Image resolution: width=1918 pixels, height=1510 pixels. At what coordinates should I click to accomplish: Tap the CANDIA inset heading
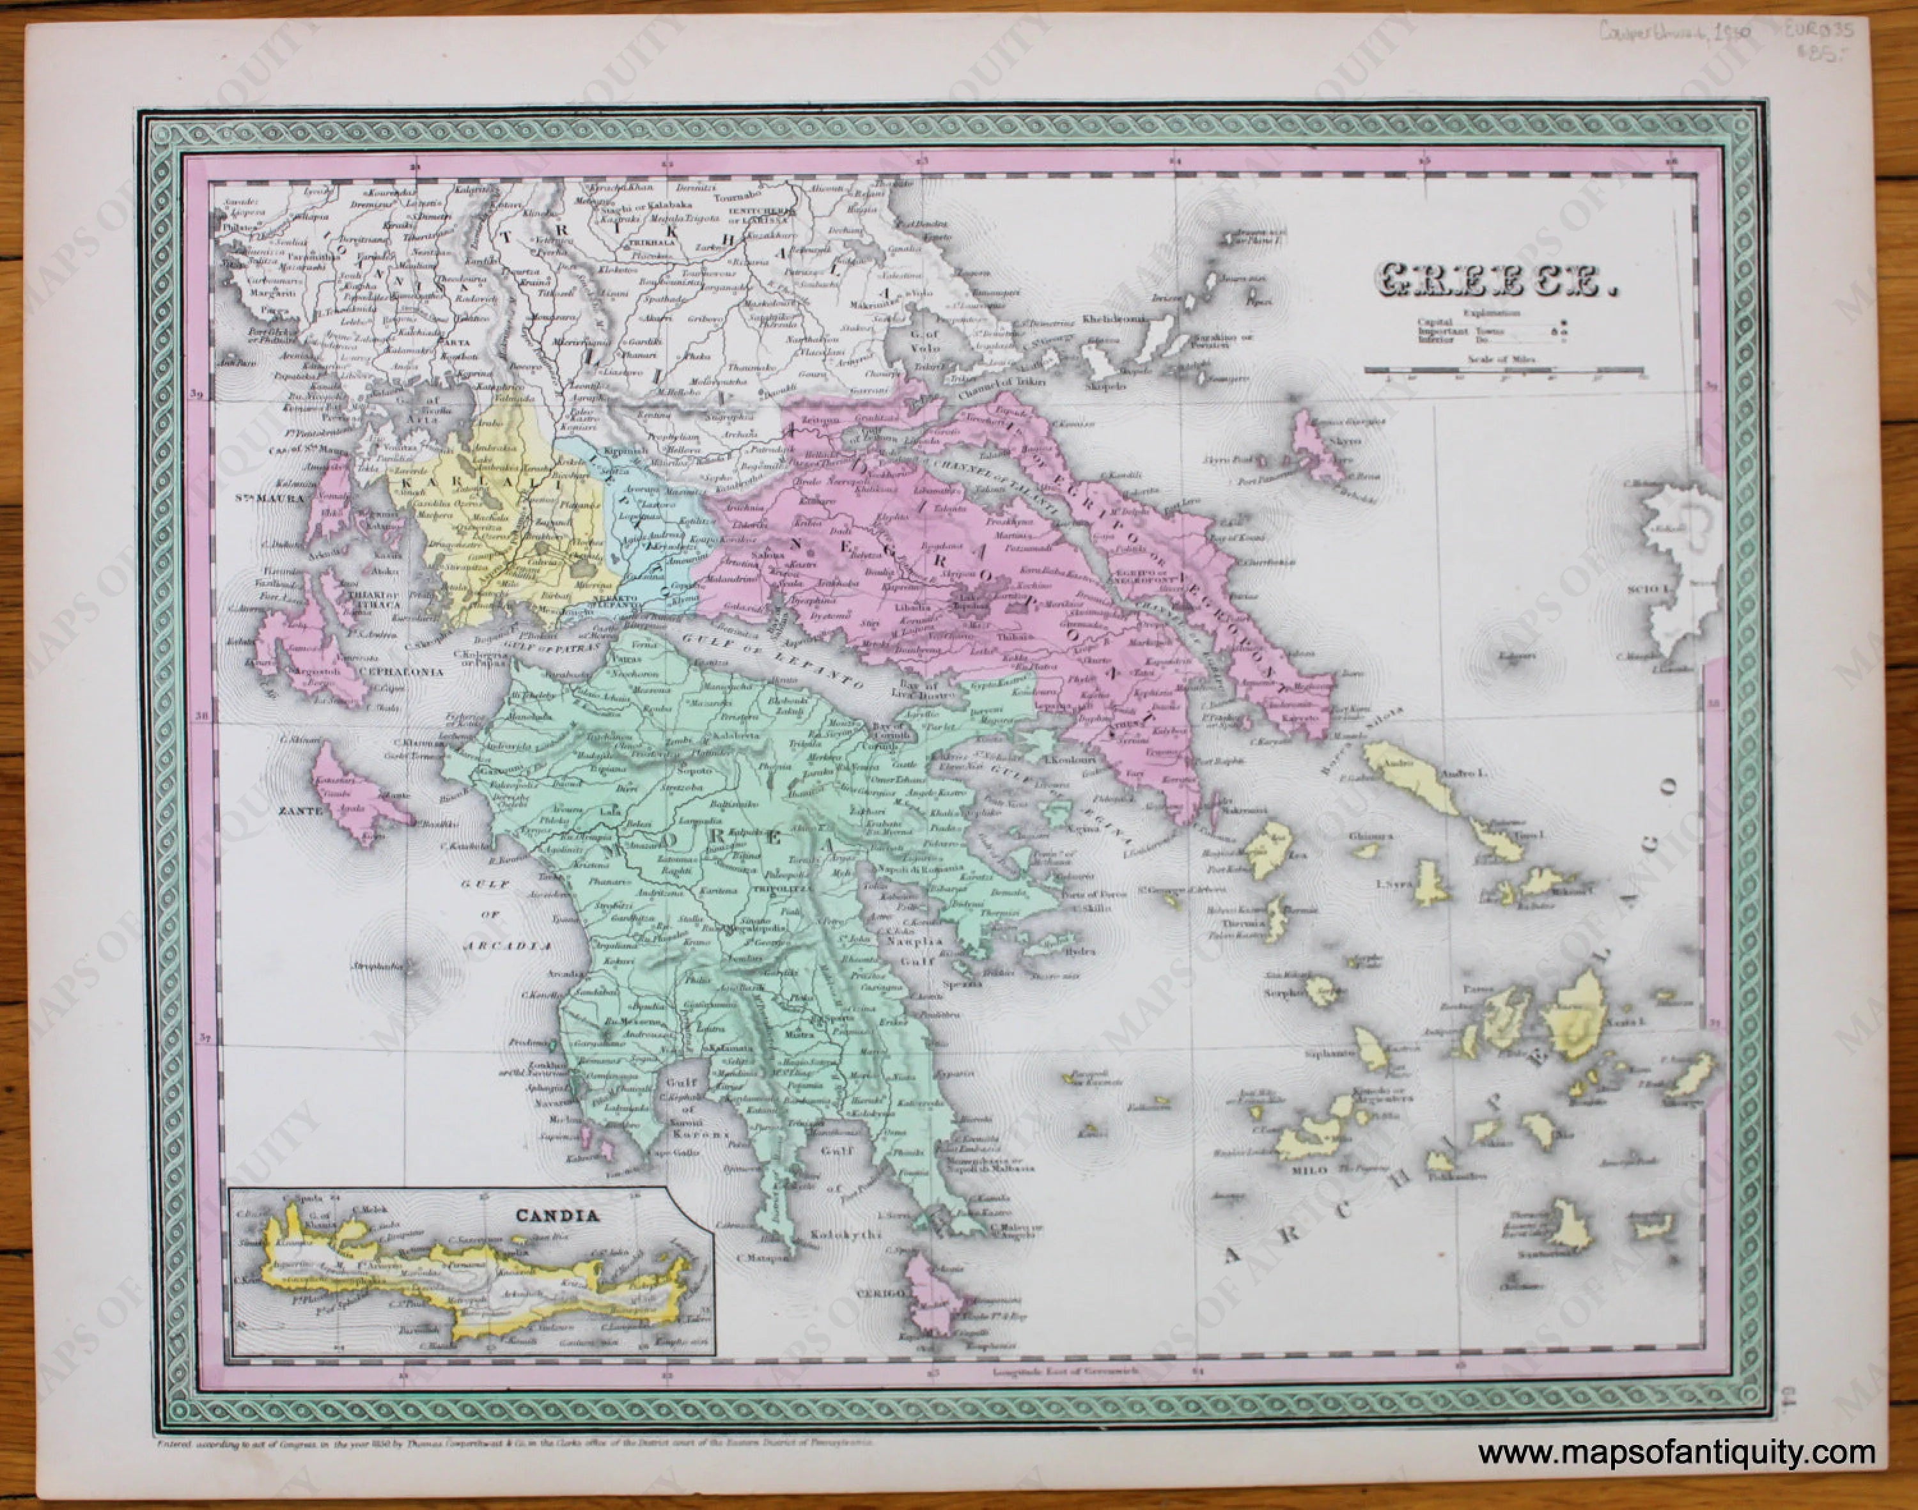556,1215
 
